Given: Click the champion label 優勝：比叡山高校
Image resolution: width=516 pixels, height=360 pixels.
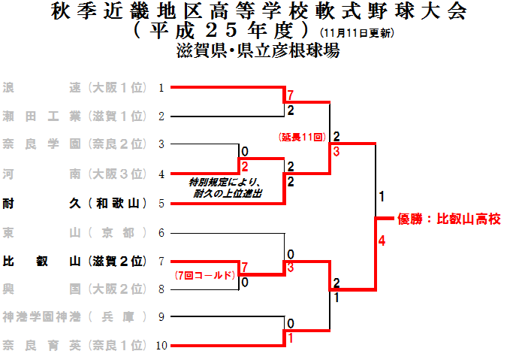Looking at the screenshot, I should [x=448, y=219].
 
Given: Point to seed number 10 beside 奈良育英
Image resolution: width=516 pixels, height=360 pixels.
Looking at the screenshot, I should [x=161, y=346].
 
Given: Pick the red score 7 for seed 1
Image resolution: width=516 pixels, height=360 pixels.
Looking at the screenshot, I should [x=289, y=95].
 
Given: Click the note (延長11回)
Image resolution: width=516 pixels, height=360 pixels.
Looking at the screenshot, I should [x=301, y=138].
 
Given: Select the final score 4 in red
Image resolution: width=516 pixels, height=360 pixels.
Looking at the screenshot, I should [x=382, y=241].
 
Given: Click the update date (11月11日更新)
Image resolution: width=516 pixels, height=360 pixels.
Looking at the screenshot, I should [x=357, y=34].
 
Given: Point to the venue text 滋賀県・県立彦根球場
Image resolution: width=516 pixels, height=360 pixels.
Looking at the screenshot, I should [x=258, y=51].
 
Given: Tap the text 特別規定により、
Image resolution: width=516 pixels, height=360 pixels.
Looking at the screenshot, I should [x=225, y=183].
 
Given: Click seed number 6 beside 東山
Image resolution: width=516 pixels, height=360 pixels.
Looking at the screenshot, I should [x=161, y=232].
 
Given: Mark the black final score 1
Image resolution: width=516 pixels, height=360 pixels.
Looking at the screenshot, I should [x=382, y=197].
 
